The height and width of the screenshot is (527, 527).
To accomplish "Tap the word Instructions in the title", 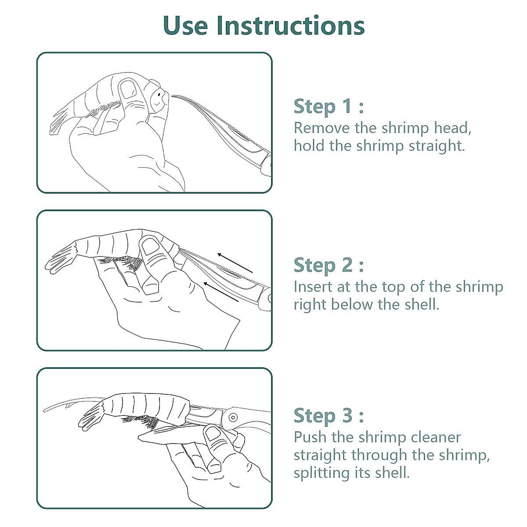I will pos(290,25).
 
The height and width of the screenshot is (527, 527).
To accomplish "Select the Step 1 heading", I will pos(328,106).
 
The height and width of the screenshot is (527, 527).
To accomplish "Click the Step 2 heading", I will pos(328,265).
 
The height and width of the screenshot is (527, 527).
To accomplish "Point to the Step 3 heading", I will pos(328,415).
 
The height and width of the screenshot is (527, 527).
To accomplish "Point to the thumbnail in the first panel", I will pos(129,89).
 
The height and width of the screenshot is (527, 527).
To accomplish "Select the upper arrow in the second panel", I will pos(235,263).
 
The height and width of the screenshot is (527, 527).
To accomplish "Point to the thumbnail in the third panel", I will pos(214,434).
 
